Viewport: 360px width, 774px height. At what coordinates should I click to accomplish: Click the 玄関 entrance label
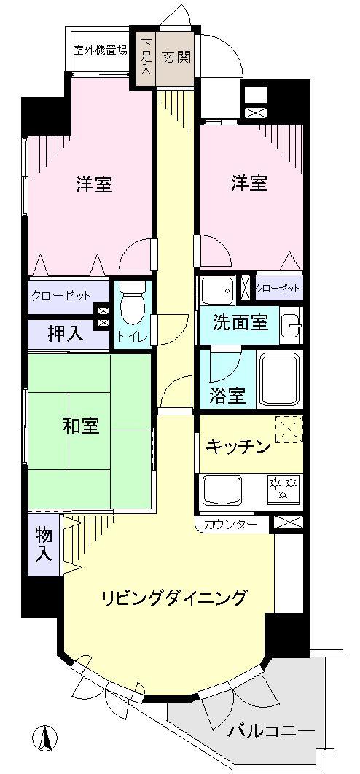(x=176, y=57)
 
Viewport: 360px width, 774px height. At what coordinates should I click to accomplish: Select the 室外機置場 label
(x=100, y=50)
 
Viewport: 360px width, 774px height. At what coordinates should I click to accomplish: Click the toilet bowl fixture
(x=132, y=305)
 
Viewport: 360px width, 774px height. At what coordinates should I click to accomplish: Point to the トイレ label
(x=132, y=336)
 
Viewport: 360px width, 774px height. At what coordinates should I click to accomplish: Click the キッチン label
(x=238, y=446)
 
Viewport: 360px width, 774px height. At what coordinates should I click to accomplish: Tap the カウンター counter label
(x=230, y=523)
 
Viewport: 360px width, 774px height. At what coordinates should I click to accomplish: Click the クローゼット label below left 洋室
(x=60, y=296)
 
